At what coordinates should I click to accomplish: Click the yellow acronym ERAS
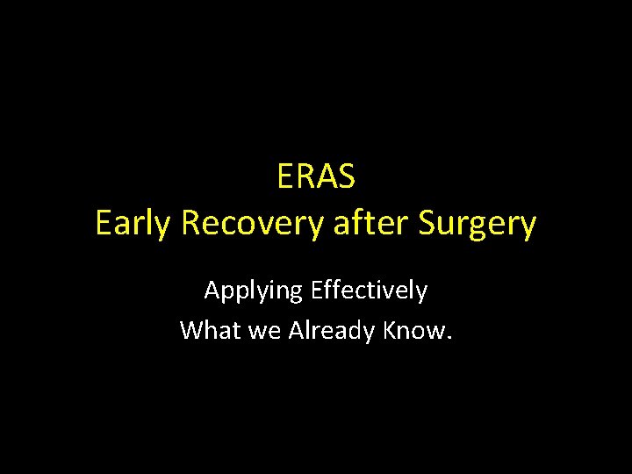(x=316, y=177)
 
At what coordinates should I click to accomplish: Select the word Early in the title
(x=134, y=225)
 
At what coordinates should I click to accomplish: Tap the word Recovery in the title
(x=249, y=225)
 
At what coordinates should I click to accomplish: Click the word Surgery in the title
(x=478, y=225)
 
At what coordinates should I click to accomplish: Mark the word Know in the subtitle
(x=416, y=330)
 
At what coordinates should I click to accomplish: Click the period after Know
(x=449, y=338)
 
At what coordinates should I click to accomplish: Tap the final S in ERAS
(x=346, y=177)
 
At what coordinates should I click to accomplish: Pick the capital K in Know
(x=391, y=330)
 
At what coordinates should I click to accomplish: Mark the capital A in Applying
(x=212, y=290)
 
